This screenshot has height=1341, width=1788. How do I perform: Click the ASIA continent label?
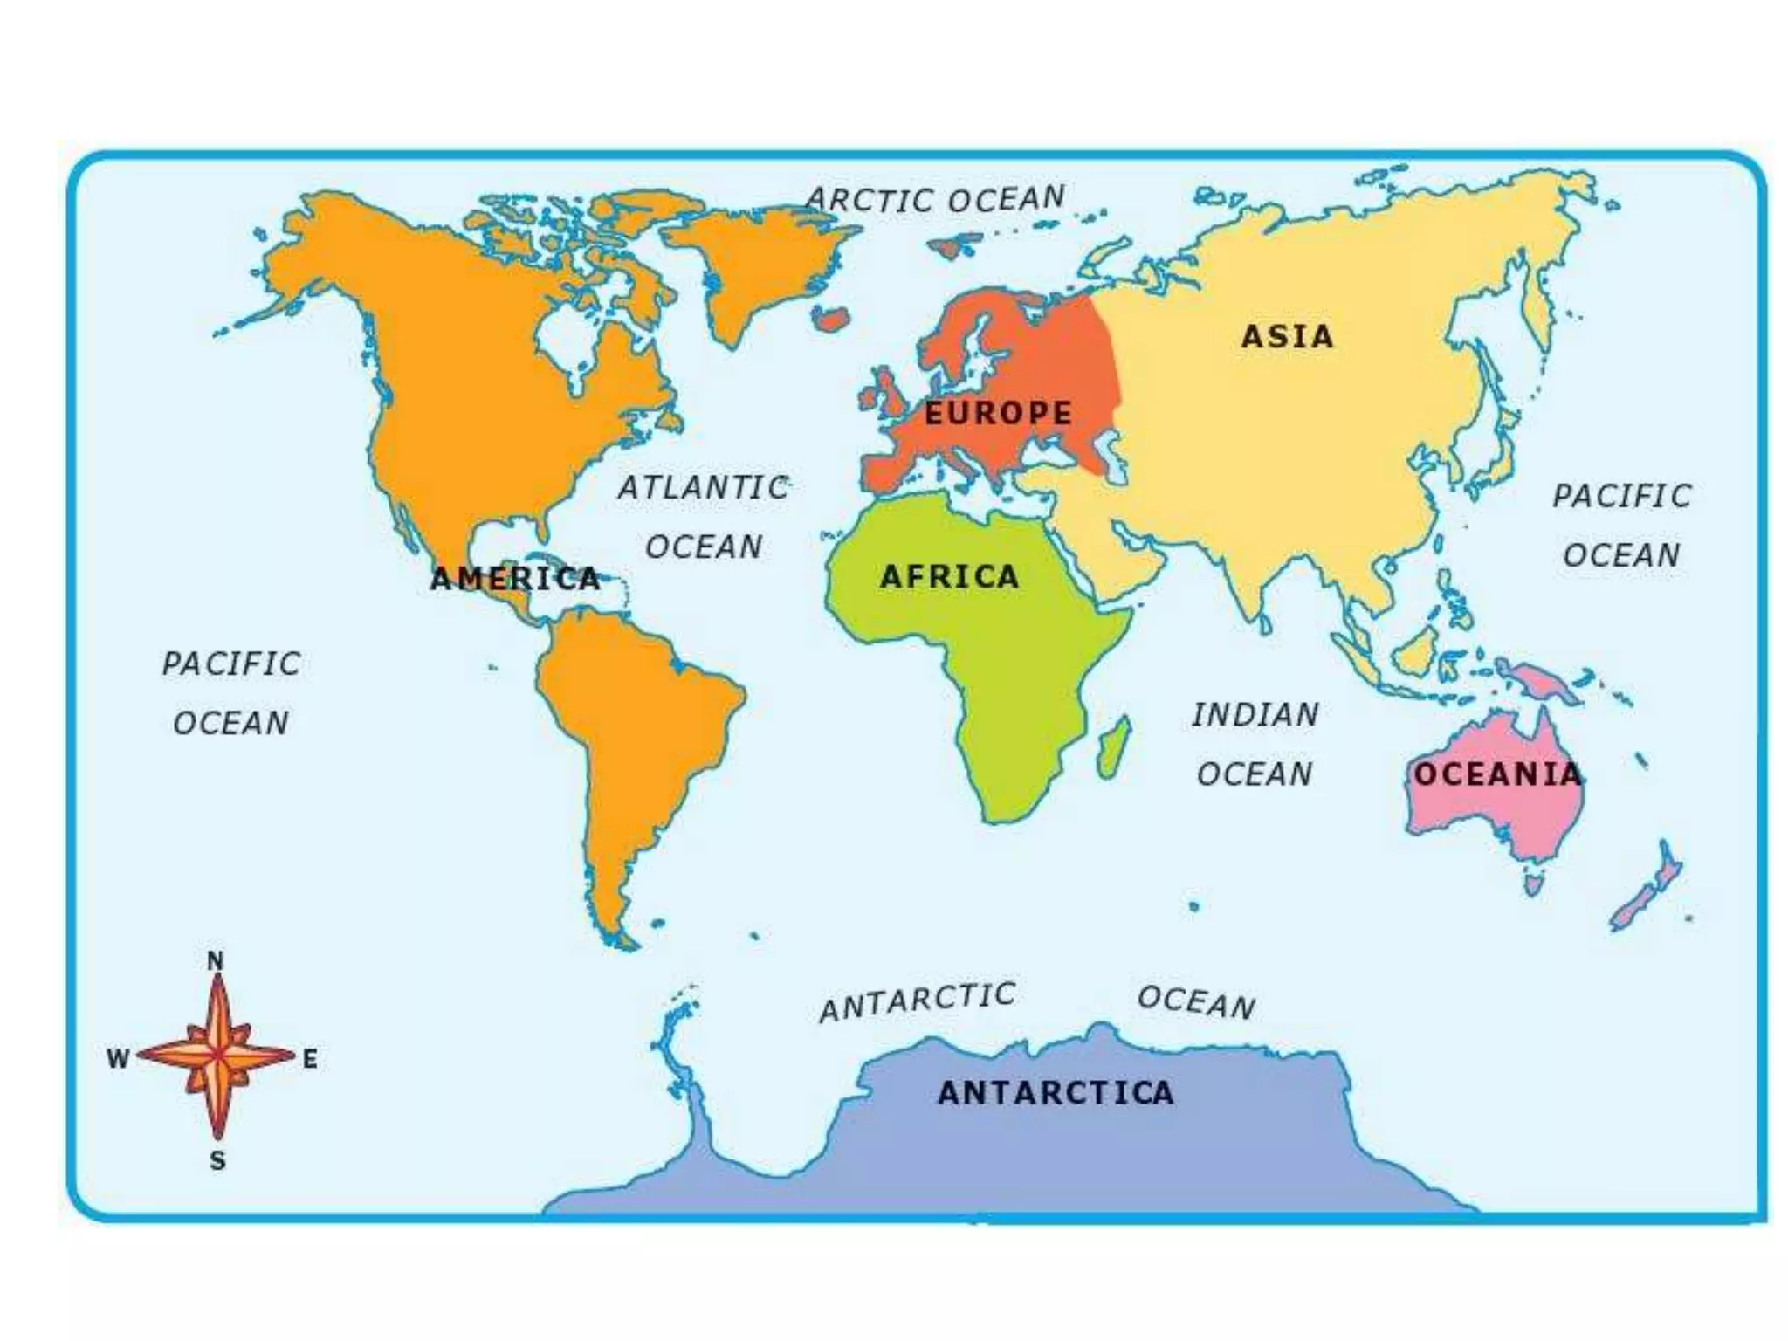[x=1288, y=336]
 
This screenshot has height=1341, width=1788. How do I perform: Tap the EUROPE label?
[x=998, y=413]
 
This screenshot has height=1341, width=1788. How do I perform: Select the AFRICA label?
[x=949, y=576]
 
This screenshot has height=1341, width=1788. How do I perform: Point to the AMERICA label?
[x=515, y=578]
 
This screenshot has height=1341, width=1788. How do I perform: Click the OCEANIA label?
[x=1497, y=774]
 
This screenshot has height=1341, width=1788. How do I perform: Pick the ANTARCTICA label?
[x=1056, y=1092]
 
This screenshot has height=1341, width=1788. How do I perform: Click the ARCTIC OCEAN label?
[x=935, y=199]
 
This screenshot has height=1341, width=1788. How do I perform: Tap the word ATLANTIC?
[x=704, y=487]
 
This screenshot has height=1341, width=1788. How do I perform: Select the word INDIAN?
[x=1255, y=715]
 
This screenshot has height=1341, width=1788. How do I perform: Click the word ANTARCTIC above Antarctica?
[x=918, y=1001]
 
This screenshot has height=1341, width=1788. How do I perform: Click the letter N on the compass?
[x=215, y=960]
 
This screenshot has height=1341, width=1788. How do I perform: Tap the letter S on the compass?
[x=217, y=1160]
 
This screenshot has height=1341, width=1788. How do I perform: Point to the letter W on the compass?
[x=118, y=1059]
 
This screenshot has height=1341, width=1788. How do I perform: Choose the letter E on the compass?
[x=310, y=1059]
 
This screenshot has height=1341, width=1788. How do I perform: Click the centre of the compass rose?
[x=217, y=1056]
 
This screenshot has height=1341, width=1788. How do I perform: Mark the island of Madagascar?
[x=1114, y=749]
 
